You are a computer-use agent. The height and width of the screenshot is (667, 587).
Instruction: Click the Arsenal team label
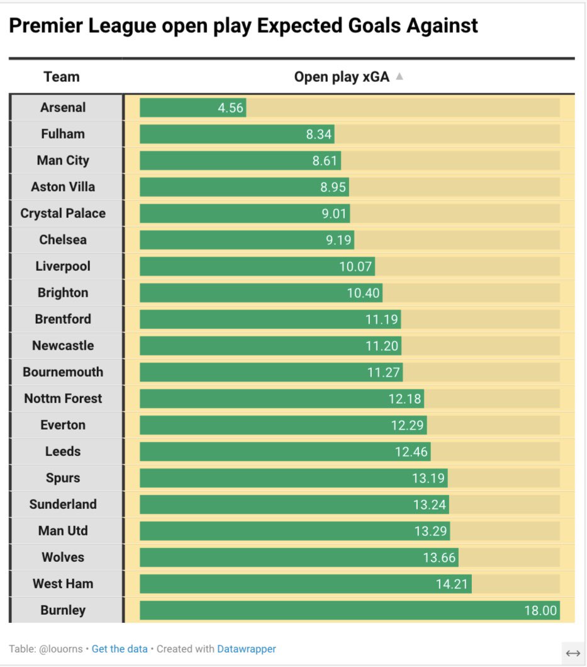click(x=63, y=108)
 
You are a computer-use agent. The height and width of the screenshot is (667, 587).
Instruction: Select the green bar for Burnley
click(x=349, y=610)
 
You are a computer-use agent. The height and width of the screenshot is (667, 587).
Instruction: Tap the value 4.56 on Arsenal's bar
click(x=230, y=108)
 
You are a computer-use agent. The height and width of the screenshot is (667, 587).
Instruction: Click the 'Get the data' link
click(x=120, y=649)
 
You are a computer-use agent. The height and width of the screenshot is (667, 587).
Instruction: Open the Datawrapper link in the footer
click(x=247, y=649)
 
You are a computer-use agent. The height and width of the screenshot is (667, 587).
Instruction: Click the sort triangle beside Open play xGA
click(x=399, y=77)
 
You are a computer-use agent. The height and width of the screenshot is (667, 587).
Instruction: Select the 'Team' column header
click(x=62, y=77)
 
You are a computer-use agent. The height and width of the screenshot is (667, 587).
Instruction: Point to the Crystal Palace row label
click(x=63, y=214)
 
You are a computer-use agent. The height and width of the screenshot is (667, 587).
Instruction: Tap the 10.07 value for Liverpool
click(x=355, y=266)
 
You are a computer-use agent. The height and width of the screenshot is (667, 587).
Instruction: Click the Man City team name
click(x=63, y=161)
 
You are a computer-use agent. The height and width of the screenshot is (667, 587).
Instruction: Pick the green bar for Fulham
click(x=236, y=134)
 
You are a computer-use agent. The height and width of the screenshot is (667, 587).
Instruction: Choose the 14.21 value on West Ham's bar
click(x=452, y=584)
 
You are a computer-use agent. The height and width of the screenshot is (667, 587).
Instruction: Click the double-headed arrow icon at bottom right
click(x=573, y=654)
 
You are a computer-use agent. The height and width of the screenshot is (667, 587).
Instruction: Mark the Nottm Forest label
click(x=63, y=399)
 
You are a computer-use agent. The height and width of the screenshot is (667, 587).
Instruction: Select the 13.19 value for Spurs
click(x=428, y=478)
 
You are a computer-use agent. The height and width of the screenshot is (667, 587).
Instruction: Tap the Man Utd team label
click(x=63, y=531)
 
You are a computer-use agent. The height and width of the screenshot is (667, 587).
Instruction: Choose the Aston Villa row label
click(x=63, y=187)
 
